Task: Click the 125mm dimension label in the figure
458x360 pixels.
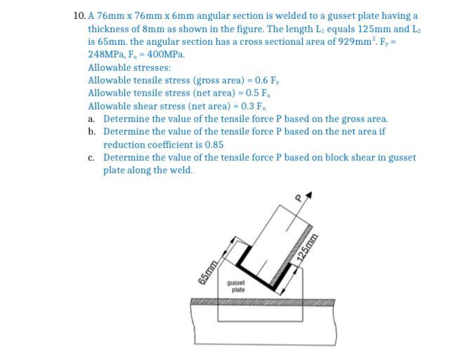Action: (x=304, y=247)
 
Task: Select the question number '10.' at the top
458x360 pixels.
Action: (x=79, y=15)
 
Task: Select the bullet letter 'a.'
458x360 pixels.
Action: (x=92, y=119)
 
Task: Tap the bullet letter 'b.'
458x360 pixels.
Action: (x=92, y=131)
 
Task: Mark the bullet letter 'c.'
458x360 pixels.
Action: (x=92, y=157)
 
